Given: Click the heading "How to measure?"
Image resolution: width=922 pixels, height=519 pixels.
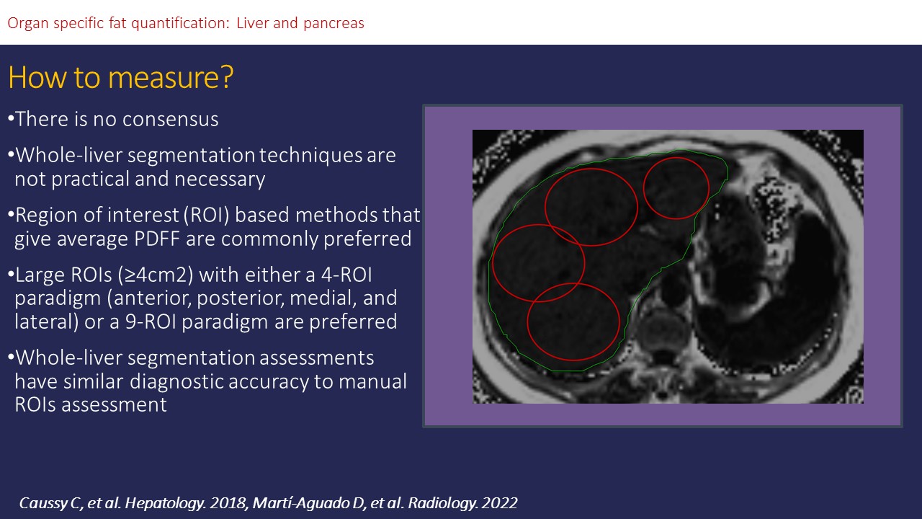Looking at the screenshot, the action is [120, 77].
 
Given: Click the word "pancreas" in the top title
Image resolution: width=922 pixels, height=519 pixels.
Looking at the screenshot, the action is [334, 24].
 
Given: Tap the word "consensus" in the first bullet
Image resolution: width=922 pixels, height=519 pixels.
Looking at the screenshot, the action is [171, 119].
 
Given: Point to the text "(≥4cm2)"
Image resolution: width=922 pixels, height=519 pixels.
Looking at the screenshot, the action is [156, 275].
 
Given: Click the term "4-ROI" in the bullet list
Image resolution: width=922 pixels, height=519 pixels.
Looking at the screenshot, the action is [346, 275].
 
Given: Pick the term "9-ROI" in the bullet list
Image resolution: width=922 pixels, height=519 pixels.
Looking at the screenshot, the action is [151, 321].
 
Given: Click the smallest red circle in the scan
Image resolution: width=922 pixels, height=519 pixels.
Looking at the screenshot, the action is [676, 188].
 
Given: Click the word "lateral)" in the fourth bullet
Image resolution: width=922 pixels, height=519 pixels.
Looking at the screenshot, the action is [47, 321].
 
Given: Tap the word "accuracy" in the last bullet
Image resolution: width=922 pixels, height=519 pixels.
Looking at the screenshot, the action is [269, 382].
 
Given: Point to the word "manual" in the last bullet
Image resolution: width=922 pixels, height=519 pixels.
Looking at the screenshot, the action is [372, 381].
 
